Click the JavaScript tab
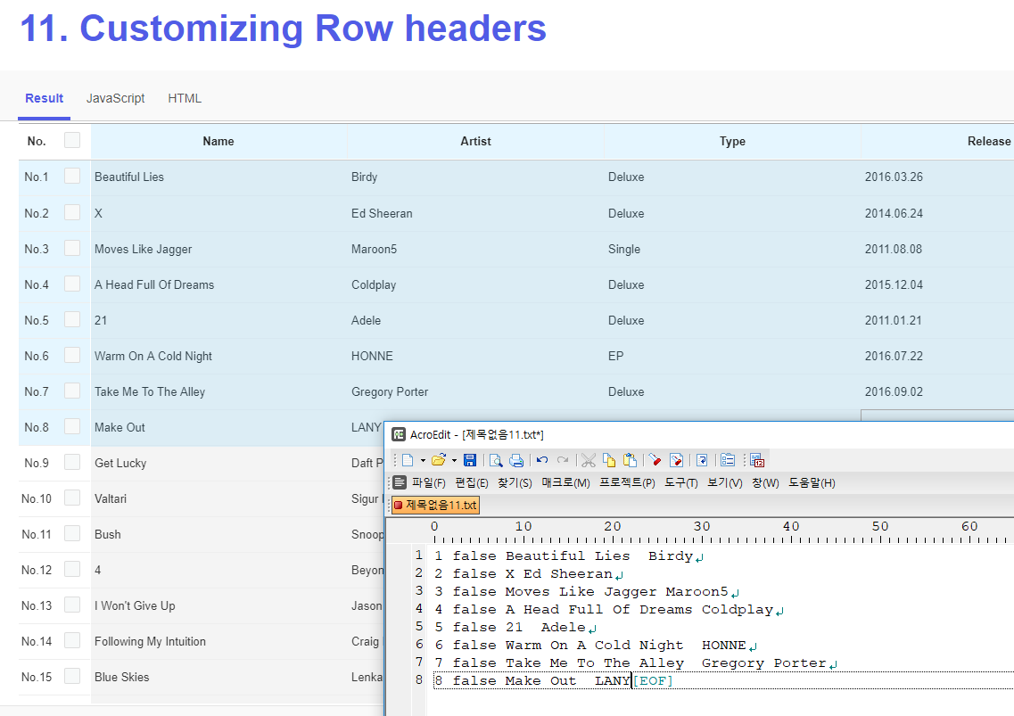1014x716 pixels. [115, 98]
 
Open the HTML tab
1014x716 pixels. [185, 98]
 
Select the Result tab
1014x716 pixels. [45, 98]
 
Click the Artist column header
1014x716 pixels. [475, 141]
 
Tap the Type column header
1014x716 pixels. [732, 141]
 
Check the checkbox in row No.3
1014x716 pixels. [72, 248]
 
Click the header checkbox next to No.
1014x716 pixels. [72, 140]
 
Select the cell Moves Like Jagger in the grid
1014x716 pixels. [144, 249]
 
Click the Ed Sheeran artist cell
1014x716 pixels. [382, 213]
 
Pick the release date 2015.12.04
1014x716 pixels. [894, 284]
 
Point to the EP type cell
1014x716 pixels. [616, 356]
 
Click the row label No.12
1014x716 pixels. [37, 570]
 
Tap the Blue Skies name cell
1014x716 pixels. [122, 677]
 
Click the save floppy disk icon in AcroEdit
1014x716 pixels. [470, 460]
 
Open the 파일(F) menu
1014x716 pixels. [428, 483]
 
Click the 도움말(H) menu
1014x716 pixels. [812, 483]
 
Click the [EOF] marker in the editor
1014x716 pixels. [653, 681]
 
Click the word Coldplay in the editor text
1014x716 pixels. [737, 610]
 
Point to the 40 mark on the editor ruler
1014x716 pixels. [791, 527]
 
